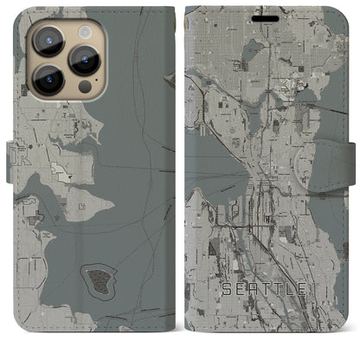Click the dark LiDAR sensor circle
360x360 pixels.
click(x=84, y=87)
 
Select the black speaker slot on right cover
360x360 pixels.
click(x=265, y=16)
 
